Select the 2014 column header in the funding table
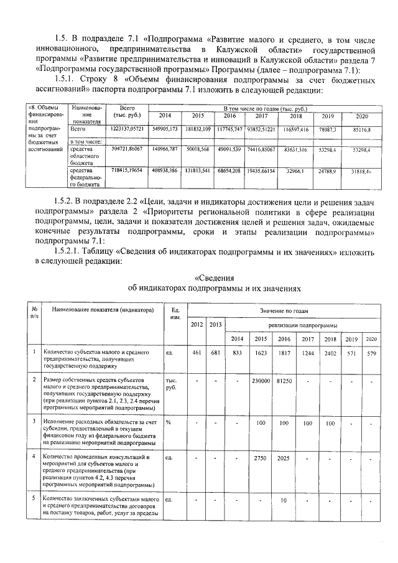165,116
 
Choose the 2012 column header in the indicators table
197,324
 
